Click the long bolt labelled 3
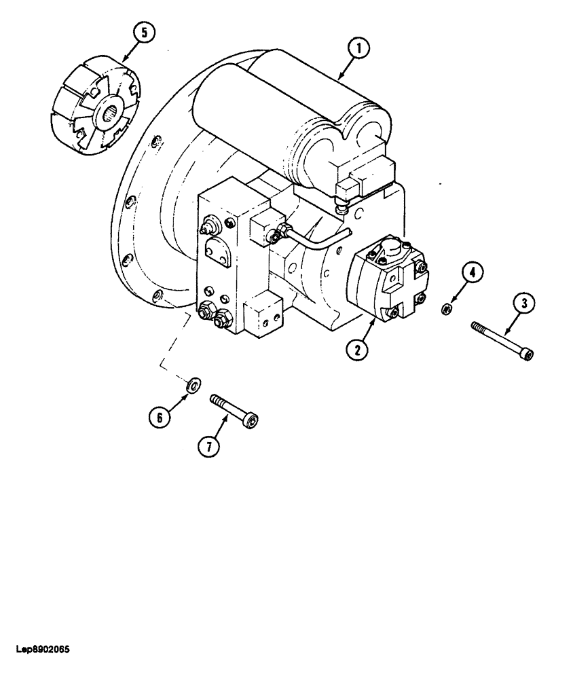click(x=502, y=338)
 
